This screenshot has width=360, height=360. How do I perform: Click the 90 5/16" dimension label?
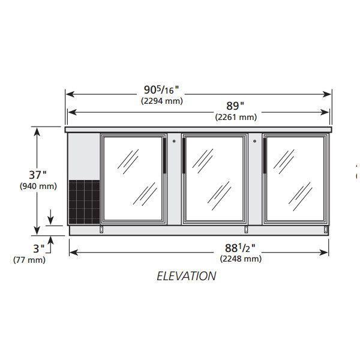point(161,90)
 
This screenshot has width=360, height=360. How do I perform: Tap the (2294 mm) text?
point(162,101)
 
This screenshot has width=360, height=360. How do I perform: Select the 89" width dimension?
point(235,106)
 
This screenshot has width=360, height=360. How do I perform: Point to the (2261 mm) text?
point(236,118)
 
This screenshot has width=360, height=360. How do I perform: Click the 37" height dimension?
point(38,175)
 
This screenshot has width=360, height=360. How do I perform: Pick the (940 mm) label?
point(38,186)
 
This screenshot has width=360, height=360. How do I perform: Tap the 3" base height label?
point(39,248)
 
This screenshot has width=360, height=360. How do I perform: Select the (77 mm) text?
point(29,260)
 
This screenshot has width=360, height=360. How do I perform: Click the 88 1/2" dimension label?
point(240,248)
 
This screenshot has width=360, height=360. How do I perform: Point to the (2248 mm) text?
point(241,259)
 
